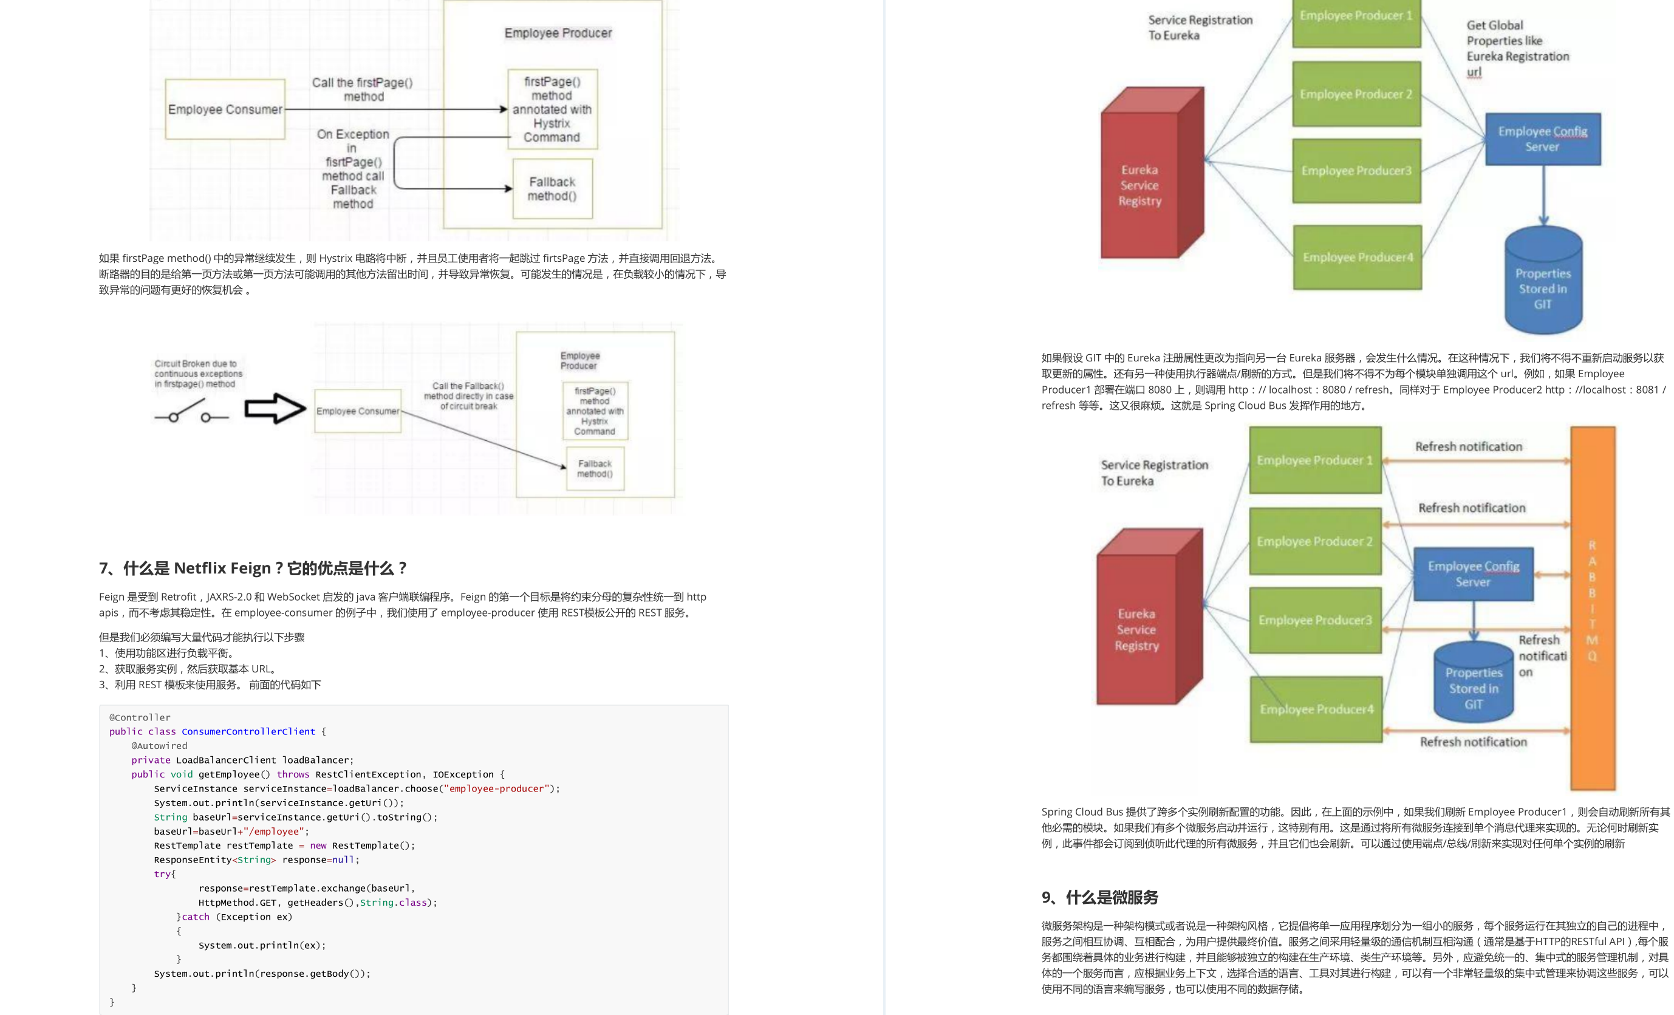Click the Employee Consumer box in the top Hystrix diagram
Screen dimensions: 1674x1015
[225, 109]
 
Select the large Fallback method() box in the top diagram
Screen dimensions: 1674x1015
[552, 189]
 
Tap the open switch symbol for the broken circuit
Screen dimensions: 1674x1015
[191, 411]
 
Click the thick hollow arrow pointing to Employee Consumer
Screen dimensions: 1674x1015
[275, 409]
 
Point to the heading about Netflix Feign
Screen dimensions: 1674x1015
[253, 568]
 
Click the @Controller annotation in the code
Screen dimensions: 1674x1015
[140, 717]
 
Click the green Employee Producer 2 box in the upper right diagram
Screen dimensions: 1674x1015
[1356, 94]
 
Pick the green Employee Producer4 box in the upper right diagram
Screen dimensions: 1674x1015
[1358, 258]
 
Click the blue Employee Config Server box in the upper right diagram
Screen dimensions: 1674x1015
[1542, 139]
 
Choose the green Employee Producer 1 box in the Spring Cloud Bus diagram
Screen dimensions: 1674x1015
[1314, 460]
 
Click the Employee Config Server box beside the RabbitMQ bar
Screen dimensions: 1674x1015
[1473, 574]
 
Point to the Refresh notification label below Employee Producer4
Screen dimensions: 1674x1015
[1473, 742]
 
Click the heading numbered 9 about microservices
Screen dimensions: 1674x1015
[1099, 898]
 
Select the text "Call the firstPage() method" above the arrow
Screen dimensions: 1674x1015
[362, 90]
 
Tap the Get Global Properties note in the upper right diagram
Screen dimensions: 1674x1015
[1517, 48]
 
